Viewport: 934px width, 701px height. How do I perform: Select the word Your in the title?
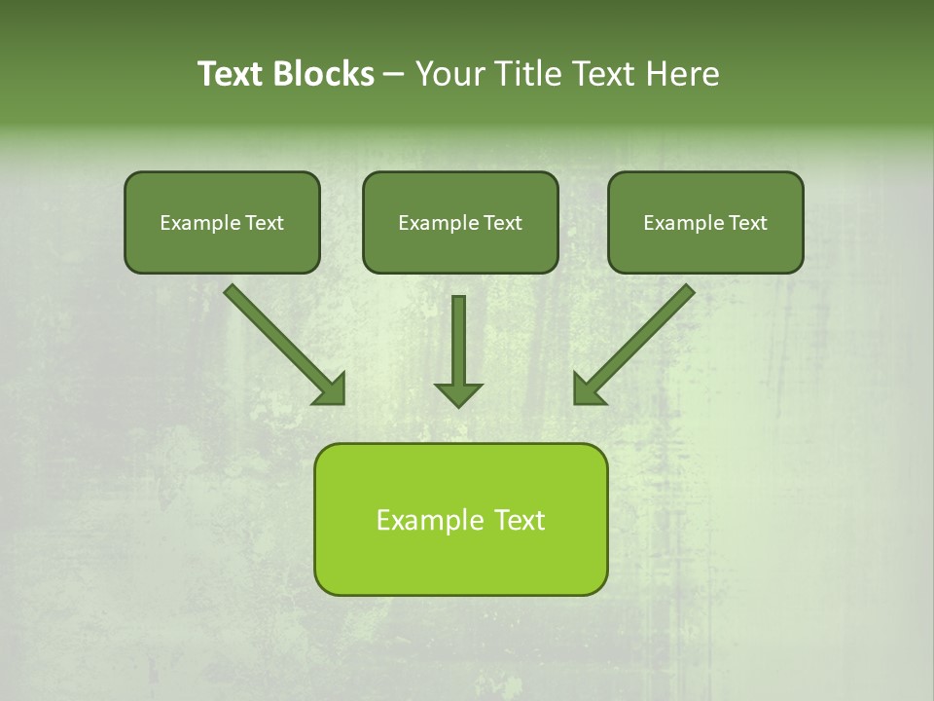[x=453, y=74]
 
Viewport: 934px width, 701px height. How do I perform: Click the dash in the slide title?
[x=394, y=74]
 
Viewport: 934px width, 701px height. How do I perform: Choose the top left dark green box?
[x=222, y=222]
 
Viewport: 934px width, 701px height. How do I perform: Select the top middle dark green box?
[x=460, y=222]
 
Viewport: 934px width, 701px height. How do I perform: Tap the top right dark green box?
[x=705, y=222]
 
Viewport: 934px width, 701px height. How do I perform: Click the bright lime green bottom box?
[x=460, y=519]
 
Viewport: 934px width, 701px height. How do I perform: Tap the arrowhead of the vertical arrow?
[x=458, y=394]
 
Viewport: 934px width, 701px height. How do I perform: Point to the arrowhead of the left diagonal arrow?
[x=331, y=389]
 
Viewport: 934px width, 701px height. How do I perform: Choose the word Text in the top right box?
[x=748, y=223]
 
